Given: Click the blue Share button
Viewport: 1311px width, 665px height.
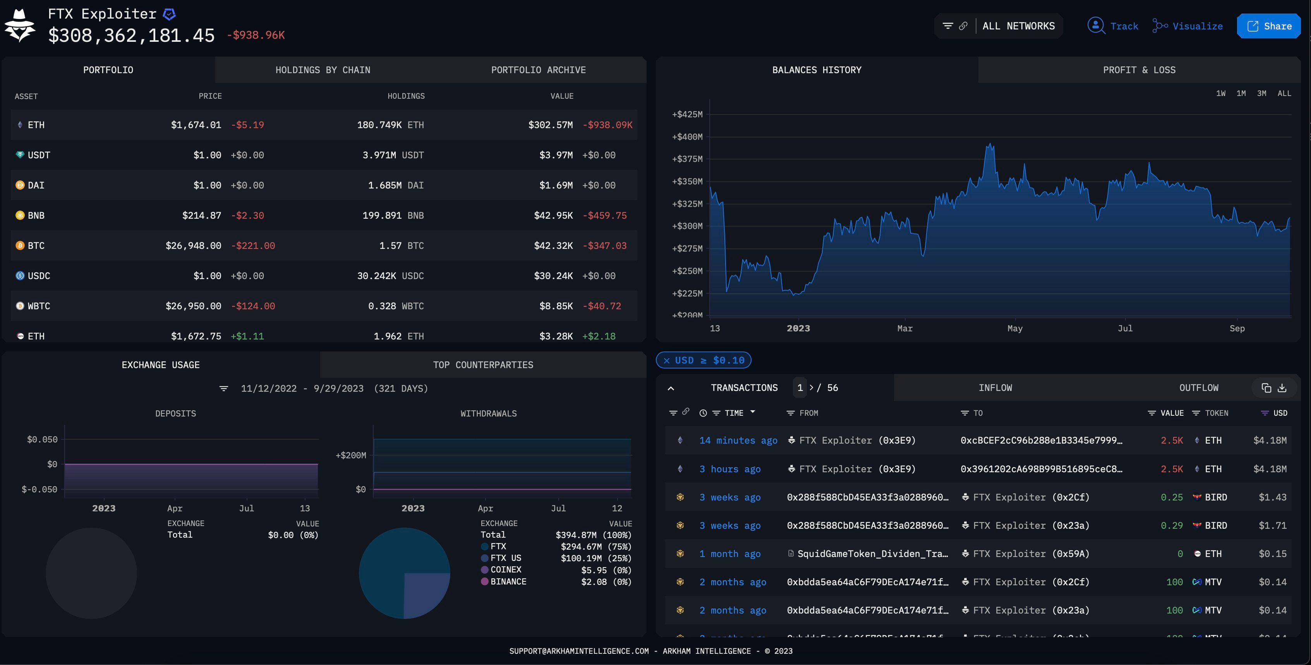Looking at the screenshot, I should point(1269,26).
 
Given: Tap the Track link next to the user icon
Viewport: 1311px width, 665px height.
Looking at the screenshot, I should point(1124,26).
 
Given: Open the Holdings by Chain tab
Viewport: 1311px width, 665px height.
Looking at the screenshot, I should point(323,70).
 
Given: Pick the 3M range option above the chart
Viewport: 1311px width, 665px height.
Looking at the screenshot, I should point(1261,94).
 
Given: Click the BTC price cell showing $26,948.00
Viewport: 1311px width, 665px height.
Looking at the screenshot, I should point(193,246).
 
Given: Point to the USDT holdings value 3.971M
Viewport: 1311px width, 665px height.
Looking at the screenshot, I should point(379,155).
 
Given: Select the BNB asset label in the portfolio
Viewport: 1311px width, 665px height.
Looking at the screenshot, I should point(36,216).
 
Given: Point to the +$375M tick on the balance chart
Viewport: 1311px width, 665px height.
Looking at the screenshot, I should point(687,159).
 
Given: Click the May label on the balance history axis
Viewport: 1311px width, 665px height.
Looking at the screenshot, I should point(1014,329).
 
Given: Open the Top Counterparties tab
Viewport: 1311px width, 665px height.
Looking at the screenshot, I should point(482,365).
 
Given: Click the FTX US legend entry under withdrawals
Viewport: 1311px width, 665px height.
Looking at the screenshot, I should point(505,558).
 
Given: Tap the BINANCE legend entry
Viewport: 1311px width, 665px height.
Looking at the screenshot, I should point(508,581).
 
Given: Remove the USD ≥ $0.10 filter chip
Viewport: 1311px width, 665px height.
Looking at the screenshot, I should point(666,361).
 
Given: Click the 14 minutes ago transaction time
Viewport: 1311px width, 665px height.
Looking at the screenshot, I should point(738,440).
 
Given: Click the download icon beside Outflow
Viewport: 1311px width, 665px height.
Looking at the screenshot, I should point(1282,388).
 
